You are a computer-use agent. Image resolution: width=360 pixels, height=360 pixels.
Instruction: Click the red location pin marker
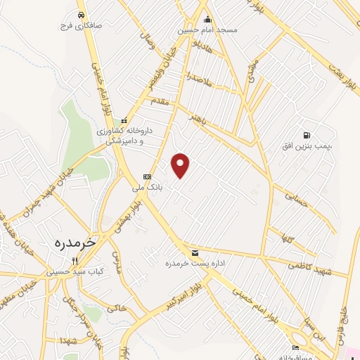[181, 165]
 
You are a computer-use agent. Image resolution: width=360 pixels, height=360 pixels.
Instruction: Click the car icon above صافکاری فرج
[82, 15]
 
